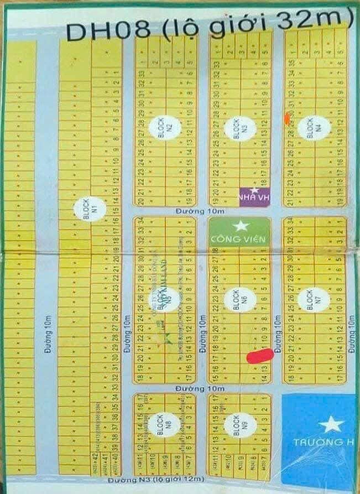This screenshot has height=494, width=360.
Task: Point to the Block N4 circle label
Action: (310, 129)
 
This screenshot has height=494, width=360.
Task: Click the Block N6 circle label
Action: (237, 300)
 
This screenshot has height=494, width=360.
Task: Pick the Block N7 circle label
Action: (309, 300)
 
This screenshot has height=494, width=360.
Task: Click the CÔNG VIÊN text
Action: (239, 239)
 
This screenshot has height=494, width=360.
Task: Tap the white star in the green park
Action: (240, 226)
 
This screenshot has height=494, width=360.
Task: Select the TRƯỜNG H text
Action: (317, 443)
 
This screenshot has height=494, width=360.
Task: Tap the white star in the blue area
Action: (331, 425)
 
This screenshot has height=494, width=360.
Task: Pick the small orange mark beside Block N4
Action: (286, 117)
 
